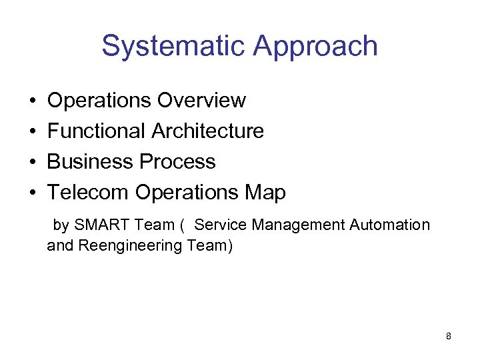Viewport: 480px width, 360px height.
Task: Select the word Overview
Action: coord(201,101)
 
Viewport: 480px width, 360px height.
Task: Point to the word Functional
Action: coord(97,131)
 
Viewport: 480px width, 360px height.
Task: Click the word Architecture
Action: coord(208,131)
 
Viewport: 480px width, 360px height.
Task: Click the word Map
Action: coord(265,193)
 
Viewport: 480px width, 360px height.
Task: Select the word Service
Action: coord(220,225)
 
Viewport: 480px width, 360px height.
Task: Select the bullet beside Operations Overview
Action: coord(33,101)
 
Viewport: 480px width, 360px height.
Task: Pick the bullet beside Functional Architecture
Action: coord(33,132)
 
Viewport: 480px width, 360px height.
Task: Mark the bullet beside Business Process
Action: coord(33,163)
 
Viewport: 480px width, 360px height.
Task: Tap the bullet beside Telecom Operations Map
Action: coord(33,193)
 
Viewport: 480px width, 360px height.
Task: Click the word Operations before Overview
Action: coord(99,101)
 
